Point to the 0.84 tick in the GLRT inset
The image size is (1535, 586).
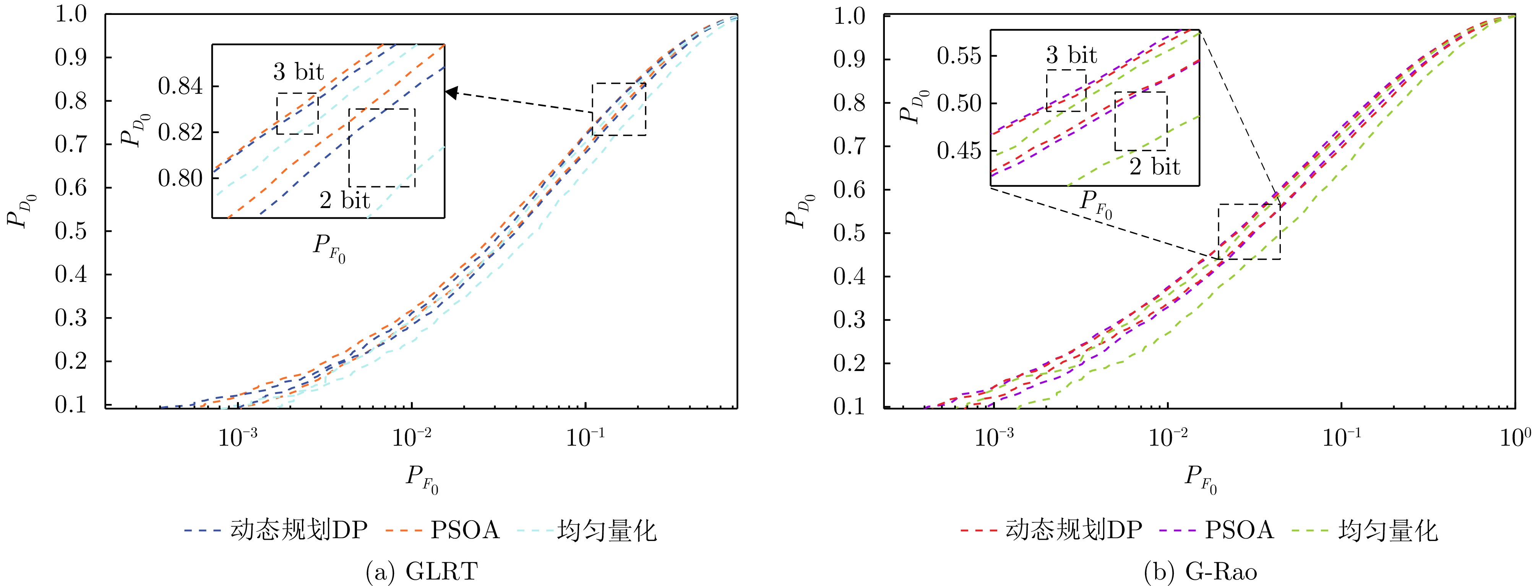point(180,86)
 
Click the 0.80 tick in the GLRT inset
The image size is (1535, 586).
point(180,177)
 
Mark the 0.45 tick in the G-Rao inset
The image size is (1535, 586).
point(958,151)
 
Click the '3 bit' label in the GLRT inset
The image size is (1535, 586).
point(298,72)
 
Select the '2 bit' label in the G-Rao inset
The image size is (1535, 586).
point(1154,166)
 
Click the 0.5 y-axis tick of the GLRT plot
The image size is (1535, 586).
point(71,231)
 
